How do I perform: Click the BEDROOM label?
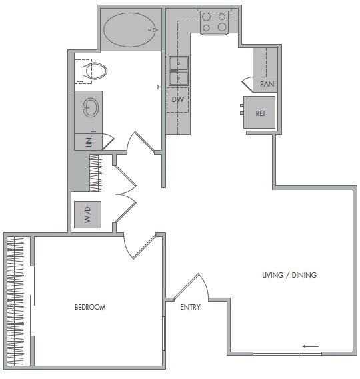click(90, 307)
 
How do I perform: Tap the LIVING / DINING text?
click(289, 275)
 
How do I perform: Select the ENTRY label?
click(191, 307)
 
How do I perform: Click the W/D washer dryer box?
click(87, 215)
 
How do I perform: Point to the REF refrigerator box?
click(260, 113)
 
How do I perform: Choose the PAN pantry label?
click(267, 85)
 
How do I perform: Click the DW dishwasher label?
click(177, 99)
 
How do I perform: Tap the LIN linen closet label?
click(89, 141)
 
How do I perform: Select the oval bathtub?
click(131, 30)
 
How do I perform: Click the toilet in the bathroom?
click(93, 70)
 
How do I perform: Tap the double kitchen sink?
click(178, 71)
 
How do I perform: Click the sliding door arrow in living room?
click(310, 346)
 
